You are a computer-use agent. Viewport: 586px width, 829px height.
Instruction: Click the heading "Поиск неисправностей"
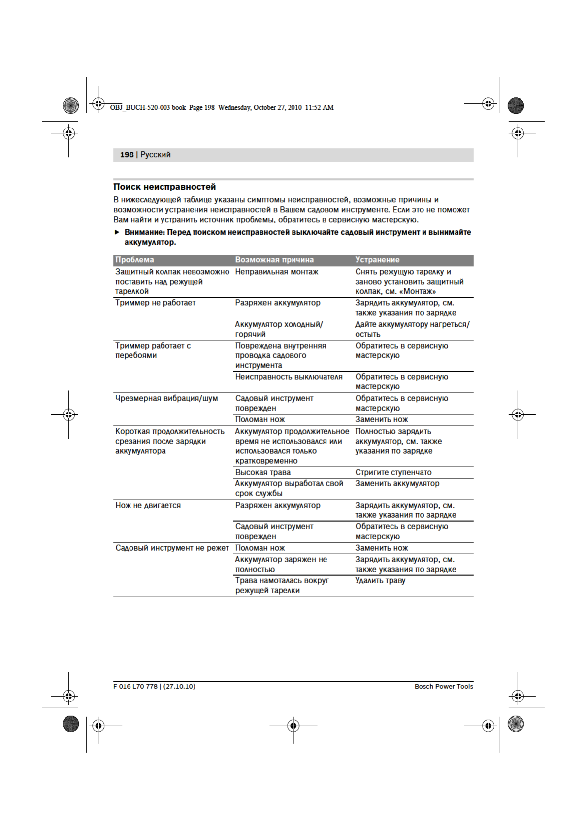(164, 187)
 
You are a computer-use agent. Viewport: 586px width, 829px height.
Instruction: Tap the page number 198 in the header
(127, 155)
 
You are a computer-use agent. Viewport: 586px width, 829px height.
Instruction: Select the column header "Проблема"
(134, 260)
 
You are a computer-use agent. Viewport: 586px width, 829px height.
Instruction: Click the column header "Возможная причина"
(274, 260)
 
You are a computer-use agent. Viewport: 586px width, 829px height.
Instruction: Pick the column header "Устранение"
(377, 260)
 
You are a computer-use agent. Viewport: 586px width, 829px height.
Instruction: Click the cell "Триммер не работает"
(155, 303)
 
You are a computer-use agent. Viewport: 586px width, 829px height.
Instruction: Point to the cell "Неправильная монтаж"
(277, 272)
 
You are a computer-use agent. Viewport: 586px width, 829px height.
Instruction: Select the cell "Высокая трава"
(262, 472)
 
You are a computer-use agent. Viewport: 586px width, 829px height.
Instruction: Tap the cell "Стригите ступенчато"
(393, 472)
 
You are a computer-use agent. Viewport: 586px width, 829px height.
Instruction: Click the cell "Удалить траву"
(380, 580)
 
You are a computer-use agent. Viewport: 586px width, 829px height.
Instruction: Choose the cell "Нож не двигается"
(148, 505)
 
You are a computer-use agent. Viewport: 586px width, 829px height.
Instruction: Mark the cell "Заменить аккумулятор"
(397, 483)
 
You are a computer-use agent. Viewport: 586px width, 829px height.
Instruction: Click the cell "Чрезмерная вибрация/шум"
(166, 398)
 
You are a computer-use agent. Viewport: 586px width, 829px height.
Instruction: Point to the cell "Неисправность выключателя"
(289, 377)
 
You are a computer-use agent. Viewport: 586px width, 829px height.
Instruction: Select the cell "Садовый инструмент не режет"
(172, 548)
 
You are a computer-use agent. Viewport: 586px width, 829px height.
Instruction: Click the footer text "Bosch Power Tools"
(444, 686)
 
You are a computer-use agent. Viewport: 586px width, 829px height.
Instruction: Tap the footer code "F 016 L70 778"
(135, 686)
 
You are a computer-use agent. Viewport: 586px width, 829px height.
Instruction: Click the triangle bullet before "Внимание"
(117, 232)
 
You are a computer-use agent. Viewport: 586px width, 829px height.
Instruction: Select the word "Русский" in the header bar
(156, 155)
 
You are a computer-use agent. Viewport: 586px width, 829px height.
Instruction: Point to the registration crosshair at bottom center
(293, 725)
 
